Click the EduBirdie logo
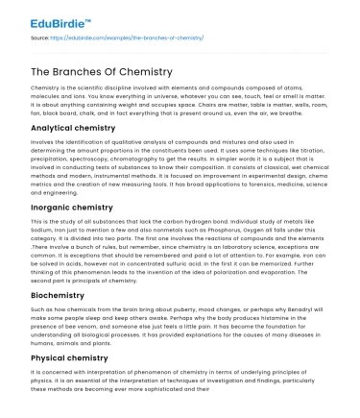pos(46,17)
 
